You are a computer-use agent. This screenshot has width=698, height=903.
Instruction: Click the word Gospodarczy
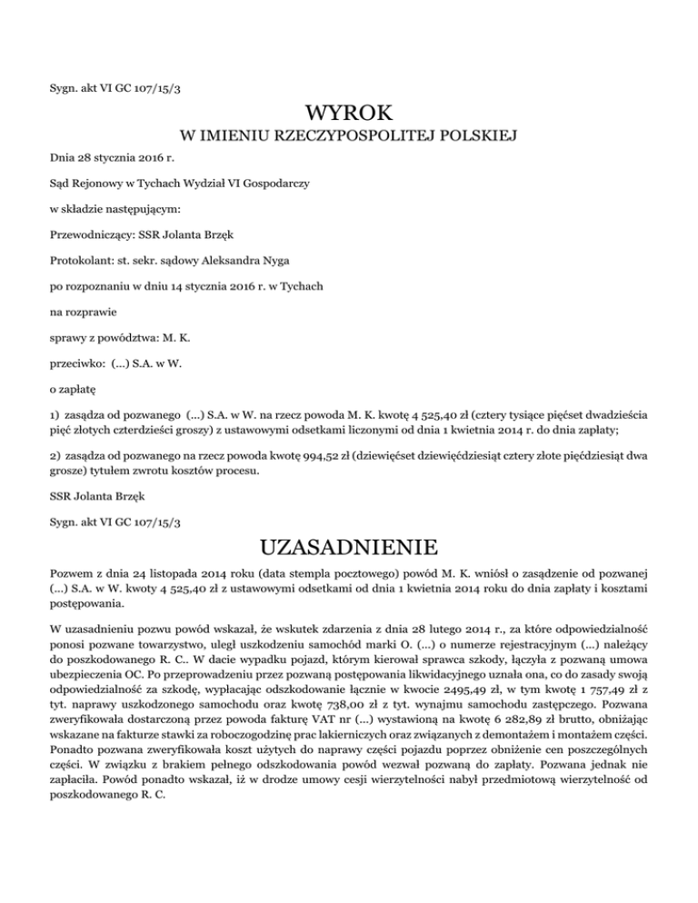(274, 183)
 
